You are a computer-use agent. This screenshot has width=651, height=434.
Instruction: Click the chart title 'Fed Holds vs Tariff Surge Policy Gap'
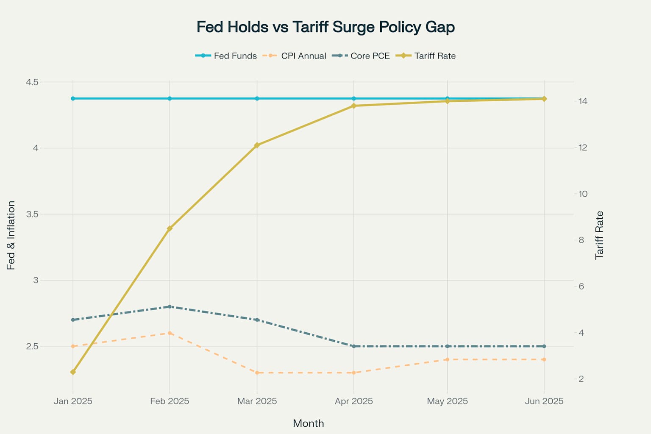pos(325,27)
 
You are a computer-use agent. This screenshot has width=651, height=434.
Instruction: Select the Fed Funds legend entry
pos(226,56)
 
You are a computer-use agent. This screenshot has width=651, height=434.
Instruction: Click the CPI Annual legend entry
pos(295,56)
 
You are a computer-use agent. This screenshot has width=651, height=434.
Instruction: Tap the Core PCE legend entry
pos(361,56)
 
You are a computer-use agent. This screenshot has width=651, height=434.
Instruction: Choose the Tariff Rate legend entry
pos(426,56)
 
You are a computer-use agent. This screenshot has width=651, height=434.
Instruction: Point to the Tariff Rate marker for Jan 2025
pos(73,372)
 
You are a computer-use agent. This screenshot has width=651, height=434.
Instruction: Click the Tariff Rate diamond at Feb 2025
pos(170,228)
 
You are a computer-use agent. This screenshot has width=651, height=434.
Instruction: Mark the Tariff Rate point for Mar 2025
pos(257,145)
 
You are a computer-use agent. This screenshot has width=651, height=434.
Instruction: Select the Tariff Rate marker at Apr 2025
pos(353,106)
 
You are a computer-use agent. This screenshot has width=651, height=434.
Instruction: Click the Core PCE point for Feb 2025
pos(170,306)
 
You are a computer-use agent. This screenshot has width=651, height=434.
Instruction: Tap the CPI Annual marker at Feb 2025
pos(170,333)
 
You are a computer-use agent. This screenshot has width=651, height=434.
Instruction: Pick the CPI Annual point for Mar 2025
pos(257,373)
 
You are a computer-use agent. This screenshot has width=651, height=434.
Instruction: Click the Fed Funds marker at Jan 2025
pos(73,98)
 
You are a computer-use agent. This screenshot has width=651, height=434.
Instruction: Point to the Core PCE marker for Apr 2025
pos(353,346)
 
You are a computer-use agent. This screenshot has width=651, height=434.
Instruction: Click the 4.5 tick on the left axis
pos(32,82)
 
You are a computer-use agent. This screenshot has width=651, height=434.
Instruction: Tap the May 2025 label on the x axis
pos(447,401)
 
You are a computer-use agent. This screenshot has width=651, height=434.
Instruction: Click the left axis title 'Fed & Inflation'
pos(11,235)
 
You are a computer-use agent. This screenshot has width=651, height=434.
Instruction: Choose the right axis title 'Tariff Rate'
pos(599,235)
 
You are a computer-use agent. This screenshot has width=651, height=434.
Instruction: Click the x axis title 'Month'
pos(309,423)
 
